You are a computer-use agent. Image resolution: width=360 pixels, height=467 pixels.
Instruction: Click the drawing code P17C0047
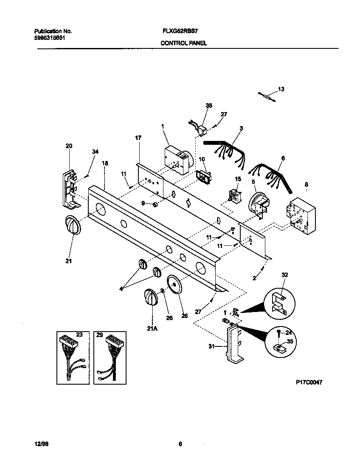pyautogui.click(x=309, y=382)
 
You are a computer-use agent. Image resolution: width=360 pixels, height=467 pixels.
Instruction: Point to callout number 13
pyautogui.click(x=281, y=89)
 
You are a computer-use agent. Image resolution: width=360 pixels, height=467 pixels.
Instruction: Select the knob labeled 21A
pyautogui.click(x=151, y=296)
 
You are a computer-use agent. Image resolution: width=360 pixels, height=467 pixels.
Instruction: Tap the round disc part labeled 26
pyautogui.click(x=174, y=284)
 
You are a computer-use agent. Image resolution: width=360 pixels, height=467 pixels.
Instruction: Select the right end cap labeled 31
pyautogui.click(x=233, y=342)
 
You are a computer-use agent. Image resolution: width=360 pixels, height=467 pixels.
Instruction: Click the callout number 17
pyautogui.click(x=138, y=138)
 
